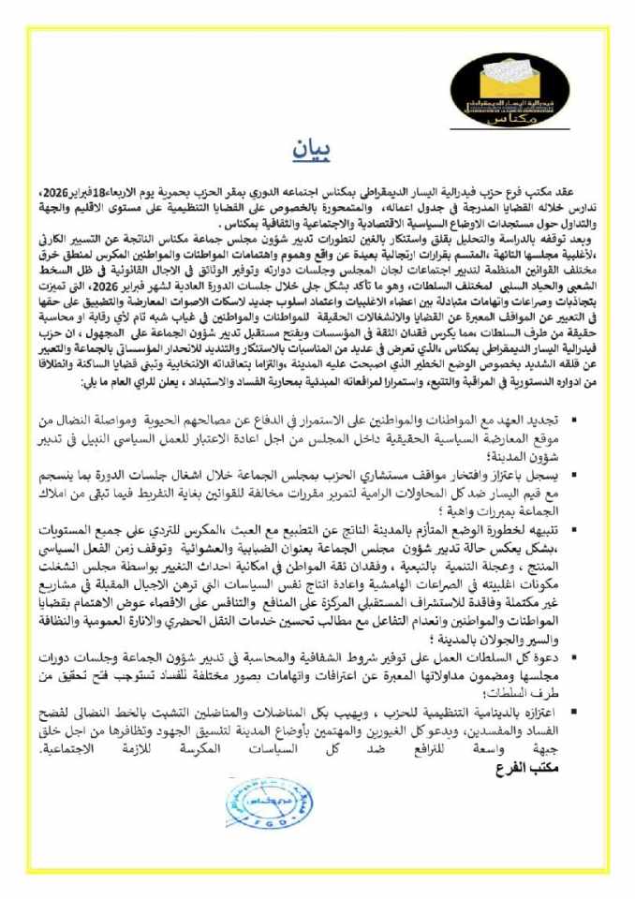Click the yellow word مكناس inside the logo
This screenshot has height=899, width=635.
[x=507, y=119]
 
